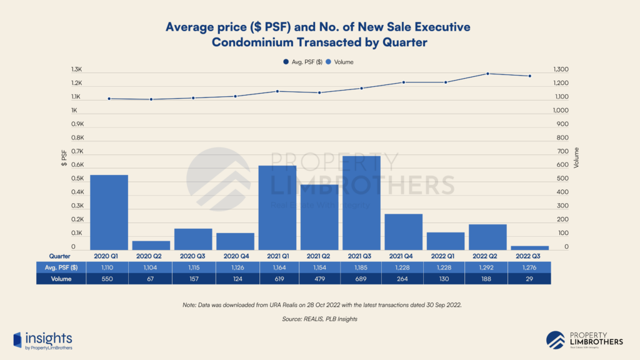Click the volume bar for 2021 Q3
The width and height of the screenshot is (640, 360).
[361, 203]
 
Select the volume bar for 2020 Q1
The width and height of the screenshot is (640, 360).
[109, 212]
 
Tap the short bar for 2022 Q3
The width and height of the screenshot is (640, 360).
[529, 247]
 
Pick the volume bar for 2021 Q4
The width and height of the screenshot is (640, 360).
[403, 232]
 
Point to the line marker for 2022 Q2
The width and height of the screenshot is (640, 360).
[487, 74]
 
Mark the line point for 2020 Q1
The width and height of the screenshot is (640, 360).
[109, 99]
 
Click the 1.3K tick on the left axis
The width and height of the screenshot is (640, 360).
[77, 70]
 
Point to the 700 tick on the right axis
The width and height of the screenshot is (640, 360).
[562, 152]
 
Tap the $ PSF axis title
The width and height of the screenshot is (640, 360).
[64, 159]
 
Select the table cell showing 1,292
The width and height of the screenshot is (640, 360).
[487, 267]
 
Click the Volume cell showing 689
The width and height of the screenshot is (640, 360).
[361, 279]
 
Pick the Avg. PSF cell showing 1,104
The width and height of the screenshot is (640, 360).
[151, 267]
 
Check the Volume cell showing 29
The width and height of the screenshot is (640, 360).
[529, 279]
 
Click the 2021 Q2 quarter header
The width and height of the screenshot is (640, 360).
[319, 256]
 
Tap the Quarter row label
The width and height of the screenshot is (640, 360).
[60, 256]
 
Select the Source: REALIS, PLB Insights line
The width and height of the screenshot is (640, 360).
[320, 319]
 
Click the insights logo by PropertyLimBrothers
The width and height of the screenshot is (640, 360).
[43, 340]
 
